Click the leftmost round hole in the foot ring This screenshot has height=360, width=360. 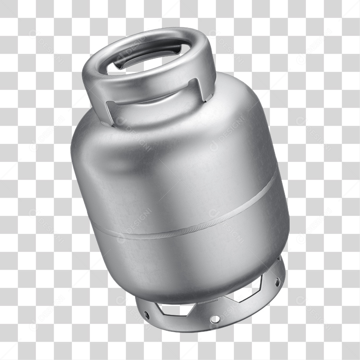click(x=146, y=315)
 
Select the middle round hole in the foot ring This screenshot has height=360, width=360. click(x=215, y=319)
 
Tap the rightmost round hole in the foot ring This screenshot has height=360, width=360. click(x=277, y=282)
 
